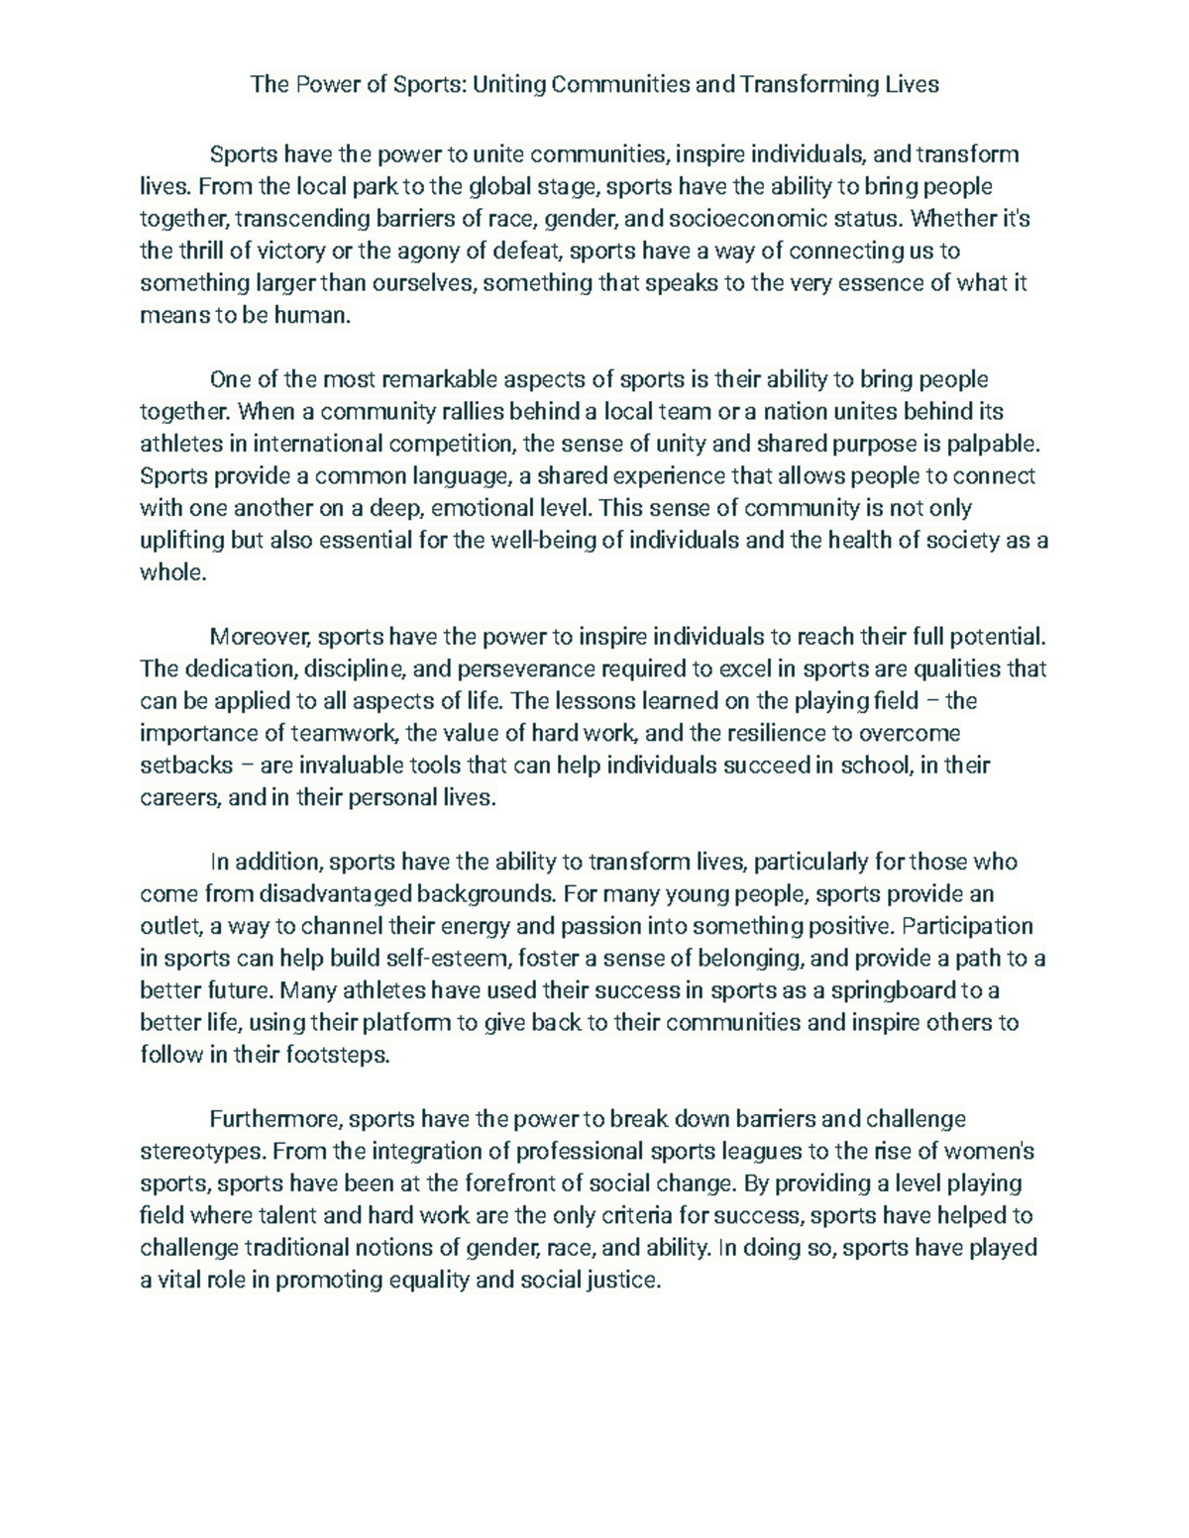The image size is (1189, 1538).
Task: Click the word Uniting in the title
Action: (x=509, y=84)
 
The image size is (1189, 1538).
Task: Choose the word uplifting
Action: (x=181, y=541)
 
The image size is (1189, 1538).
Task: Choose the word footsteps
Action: (x=338, y=1056)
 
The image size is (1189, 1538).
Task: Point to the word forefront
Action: (x=520, y=1183)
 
